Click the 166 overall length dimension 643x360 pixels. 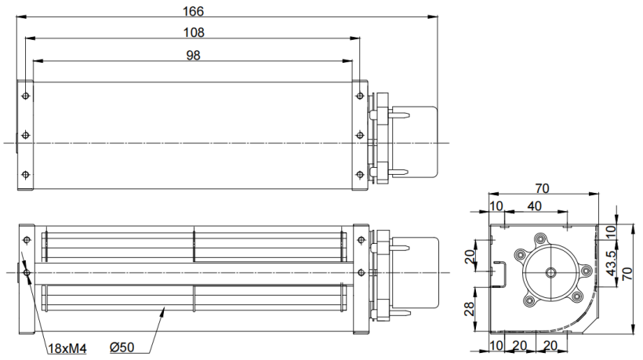[x=193, y=11]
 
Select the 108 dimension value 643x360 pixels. [x=194, y=32]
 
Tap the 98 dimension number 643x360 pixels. [x=193, y=56]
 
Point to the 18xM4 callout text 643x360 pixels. [x=67, y=348]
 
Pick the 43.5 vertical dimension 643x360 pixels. [x=611, y=264]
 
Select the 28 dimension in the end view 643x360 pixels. [x=470, y=308]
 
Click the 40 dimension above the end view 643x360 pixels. [x=534, y=205]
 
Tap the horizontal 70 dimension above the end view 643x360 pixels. [x=542, y=188]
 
